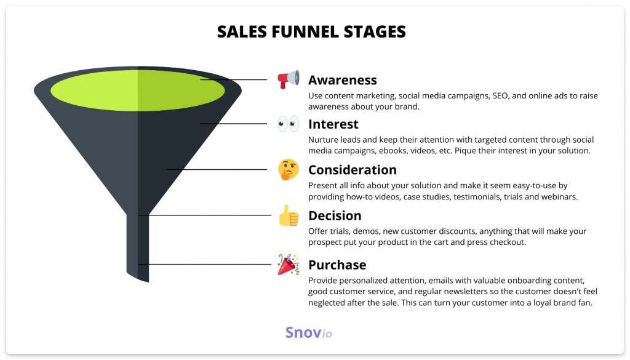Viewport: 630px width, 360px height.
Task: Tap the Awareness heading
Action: tap(342, 80)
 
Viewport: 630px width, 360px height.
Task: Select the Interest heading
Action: tap(333, 124)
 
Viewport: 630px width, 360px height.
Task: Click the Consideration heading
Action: tap(353, 170)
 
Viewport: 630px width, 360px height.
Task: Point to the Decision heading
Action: tap(335, 216)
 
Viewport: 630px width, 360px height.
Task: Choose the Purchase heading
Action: tap(337, 265)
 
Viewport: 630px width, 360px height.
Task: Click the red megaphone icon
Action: tap(288, 79)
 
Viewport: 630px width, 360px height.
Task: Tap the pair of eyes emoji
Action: tap(288, 124)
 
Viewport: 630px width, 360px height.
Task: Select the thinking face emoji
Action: tap(288, 169)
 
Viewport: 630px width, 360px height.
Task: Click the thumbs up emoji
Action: tap(289, 216)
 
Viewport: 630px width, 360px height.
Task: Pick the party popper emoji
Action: tap(288, 265)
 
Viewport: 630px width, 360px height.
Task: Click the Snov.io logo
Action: tap(309, 333)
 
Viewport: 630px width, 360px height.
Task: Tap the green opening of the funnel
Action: tap(137, 90)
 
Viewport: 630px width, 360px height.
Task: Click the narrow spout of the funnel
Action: tap(138, 247)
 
